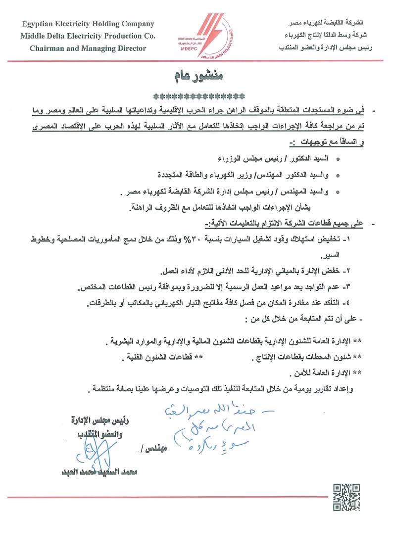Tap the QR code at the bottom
(345, 497)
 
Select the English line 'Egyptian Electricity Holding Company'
(88, 24)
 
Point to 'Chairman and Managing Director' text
(88, 48)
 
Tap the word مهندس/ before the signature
(151, 449)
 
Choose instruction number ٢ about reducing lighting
(255, 272)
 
